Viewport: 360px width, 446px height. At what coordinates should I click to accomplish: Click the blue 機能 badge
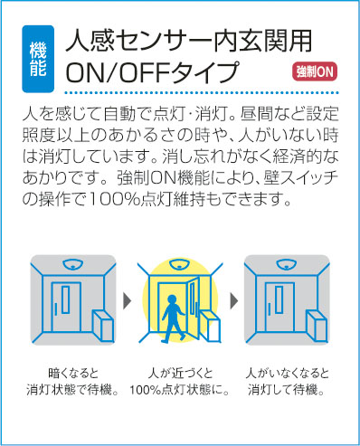(x=38, y=59)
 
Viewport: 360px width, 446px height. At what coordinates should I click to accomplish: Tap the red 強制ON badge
(x=315, y=72)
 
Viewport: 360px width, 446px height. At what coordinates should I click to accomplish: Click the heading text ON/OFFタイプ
(x=152, y=72)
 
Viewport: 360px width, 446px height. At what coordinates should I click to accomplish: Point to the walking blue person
(x=173, y=318)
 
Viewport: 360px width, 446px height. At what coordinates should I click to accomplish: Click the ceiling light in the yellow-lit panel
(x=180, y=264)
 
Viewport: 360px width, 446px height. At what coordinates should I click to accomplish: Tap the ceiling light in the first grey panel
(x=73, y=264)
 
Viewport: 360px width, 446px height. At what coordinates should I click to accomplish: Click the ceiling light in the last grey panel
(x=287, y=264)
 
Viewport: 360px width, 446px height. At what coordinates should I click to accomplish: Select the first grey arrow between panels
(x=128, y=301)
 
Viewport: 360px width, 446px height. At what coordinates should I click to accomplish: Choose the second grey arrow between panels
(x=233, y=301)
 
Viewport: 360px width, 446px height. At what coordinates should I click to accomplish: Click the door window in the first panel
(x=66, y=299)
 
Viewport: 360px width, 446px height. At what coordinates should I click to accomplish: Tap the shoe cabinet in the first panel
(x=103, y=327)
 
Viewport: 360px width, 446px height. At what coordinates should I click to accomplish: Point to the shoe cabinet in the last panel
(x=317, y=327)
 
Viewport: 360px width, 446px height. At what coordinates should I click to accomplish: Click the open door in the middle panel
(x=194, y=308)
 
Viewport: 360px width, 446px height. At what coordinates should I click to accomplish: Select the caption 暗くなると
(x=73, y=374)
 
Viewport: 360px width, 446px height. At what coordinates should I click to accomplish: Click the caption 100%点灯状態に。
(x=180, y=390)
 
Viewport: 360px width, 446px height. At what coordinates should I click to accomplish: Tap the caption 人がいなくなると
(x=287, y=374)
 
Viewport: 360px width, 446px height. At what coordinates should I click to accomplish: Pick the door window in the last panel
(x=279, y=299)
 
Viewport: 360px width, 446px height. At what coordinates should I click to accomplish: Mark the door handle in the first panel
(x=56, y=308)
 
